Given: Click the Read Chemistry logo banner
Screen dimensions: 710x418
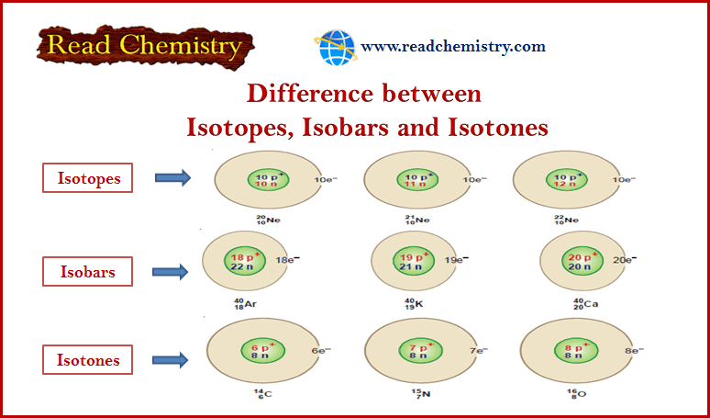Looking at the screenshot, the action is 145,46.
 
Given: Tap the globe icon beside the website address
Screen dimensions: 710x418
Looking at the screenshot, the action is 336,47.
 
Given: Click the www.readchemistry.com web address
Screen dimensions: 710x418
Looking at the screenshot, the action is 453,46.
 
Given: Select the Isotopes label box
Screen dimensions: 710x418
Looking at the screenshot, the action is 87,177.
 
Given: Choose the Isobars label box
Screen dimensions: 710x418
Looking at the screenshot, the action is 87,272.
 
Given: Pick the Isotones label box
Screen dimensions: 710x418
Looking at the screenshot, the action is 87,359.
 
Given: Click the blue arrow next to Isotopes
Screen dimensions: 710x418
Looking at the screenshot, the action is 173,177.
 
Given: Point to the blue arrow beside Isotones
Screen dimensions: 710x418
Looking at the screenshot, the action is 171,360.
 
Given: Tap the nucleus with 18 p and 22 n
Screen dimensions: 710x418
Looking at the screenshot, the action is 245,261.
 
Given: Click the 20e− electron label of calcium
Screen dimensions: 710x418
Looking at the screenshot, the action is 625,260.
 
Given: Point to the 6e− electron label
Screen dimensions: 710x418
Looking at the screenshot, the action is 321,350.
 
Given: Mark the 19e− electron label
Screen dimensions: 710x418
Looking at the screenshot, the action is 456,260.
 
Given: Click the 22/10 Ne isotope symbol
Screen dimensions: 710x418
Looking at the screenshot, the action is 566,220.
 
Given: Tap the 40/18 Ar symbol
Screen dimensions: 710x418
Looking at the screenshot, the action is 246,303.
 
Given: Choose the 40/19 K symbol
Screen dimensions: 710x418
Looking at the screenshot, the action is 414,303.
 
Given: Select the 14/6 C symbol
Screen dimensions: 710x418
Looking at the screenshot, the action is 262,394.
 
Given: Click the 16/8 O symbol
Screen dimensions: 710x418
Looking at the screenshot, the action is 577,394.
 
